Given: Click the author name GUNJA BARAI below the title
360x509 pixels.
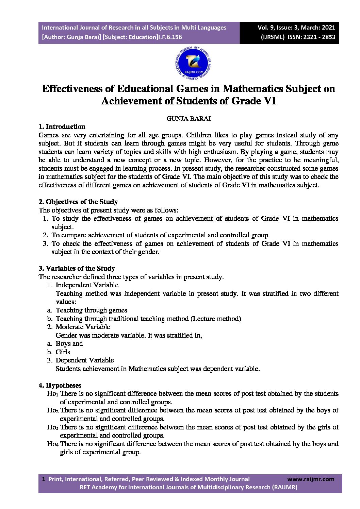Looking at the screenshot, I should [x=189, y=119].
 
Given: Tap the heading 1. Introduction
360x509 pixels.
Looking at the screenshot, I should [x=62, y=127].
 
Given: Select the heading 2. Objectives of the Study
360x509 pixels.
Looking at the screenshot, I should [x=78, y=202].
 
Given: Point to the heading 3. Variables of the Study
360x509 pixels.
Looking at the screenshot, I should [x=77, y=269].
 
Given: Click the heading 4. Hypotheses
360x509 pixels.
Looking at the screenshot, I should [x=60, y=386].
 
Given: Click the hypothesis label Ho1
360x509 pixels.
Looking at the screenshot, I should [x=53, y=394].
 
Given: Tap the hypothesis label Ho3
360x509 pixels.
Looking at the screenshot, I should [x=53, y=427].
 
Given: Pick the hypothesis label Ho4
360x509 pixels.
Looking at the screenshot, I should [x=53, y=444].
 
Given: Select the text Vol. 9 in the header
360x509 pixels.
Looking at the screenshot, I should [x=267, y=28].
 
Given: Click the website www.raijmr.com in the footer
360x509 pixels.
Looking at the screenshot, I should [x=311, y=479].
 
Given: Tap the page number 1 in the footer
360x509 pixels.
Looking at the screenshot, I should [x=43, y=479].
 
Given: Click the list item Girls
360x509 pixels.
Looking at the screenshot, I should [x=63, y=352].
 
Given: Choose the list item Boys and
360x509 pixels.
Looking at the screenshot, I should [x=69, y=343].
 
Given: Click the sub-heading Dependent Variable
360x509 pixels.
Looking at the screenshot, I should [x=85, y=360].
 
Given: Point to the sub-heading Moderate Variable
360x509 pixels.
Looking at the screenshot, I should [x=83, y=327].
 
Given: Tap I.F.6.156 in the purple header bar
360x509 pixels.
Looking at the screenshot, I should [x=170, y=37].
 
